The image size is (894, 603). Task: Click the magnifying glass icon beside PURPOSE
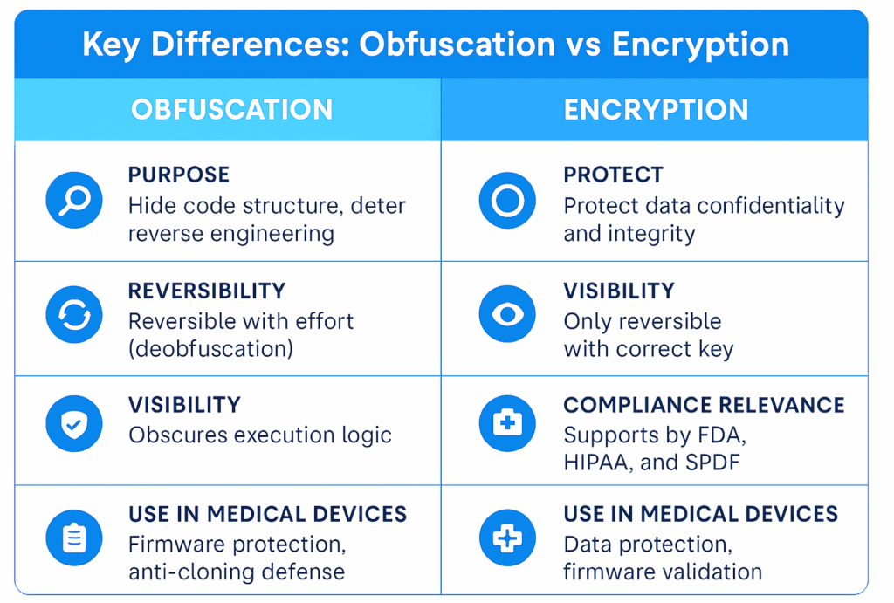pyautogui.click(x=74, y=201)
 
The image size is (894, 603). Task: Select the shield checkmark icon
pyautogui.click(x=74, y=424)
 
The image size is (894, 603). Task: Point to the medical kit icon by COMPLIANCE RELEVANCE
pyautogui.click(x=507, y=424)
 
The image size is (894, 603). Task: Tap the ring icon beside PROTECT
pyautogui.click(x=507, y=201)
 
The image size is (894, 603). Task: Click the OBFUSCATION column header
pyautogui.click(x=231, y=110)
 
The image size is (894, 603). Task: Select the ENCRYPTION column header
pyautogui.click(x=656, y=110)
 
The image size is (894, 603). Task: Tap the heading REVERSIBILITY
pyautogui.click(x=207, y=291)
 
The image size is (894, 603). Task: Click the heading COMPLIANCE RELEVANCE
pyautogui.click(x=704, y=406)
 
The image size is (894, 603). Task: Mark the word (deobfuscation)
pyautogui.click(x=210, y=349)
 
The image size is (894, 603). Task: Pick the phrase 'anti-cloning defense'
pyautogui.click(x=237, y=572)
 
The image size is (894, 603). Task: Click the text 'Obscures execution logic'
pyautogui.click(x=260, y=435)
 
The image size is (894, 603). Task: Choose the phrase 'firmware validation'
pyautogui.click(x=663, y=572)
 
